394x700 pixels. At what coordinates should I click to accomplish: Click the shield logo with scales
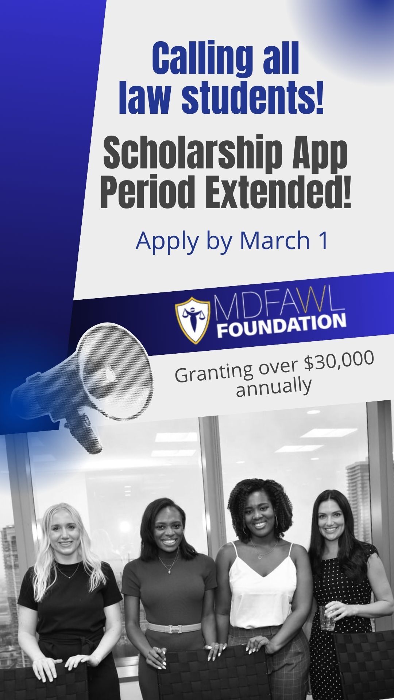193,319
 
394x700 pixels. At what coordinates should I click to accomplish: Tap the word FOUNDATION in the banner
282,325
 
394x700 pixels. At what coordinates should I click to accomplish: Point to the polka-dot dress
341,620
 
